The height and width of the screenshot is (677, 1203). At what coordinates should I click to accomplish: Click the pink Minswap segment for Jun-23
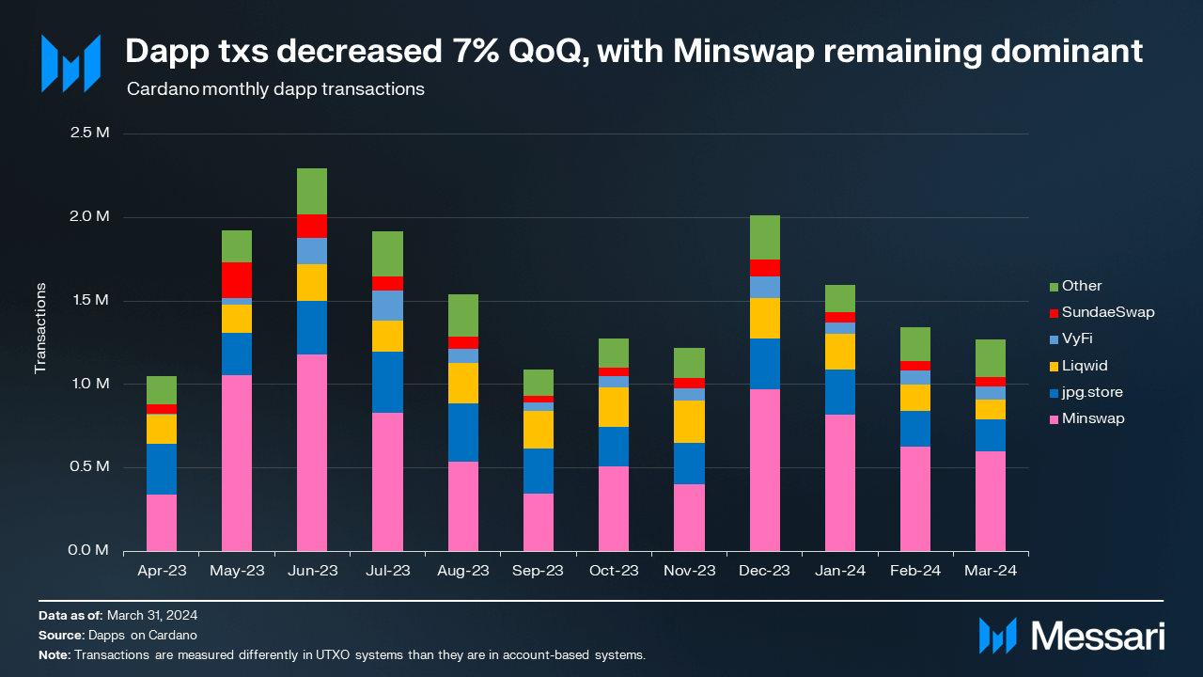312,452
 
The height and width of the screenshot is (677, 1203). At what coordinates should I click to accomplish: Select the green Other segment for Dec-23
765,237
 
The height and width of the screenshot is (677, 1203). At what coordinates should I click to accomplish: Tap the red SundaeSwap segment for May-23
237,279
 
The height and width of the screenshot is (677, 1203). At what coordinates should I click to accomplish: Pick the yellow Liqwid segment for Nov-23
690,421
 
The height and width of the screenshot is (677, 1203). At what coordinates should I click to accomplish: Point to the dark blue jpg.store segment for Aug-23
463,433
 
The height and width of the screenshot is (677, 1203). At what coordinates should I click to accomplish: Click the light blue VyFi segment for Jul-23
388,306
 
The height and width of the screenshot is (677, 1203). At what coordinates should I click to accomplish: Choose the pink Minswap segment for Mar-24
991,501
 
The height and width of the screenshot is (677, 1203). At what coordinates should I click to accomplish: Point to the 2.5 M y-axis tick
90,133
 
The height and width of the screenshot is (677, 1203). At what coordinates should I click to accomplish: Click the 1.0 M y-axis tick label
90,384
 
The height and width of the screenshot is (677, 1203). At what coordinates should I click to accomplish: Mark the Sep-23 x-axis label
539,570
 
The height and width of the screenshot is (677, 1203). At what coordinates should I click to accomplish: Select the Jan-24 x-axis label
840,570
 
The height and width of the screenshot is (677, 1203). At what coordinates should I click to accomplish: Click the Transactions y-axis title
40,327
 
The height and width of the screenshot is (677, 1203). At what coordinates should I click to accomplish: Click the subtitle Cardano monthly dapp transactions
274,90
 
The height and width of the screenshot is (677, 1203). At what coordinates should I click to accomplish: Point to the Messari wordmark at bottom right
1098,637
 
